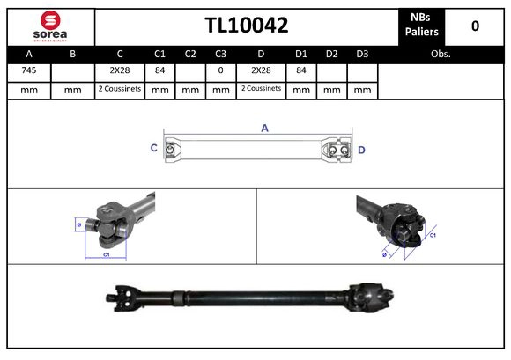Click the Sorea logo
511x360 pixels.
click(x=50, y=26)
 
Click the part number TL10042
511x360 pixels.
click(x=246, y=26)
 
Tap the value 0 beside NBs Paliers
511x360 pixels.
click(x=475, y=26)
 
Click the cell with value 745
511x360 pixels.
click(x=29, y=70)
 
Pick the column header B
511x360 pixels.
click(x=73, y=54)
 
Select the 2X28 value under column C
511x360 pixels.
click(x=120, y=70)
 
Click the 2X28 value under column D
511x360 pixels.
click(x=261, y=70)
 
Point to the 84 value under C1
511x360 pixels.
click(x=160, y=70)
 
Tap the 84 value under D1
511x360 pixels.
click(x=300, y=70)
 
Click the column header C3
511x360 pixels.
click(x=221, y=54)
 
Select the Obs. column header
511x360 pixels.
click(x=441, y=54)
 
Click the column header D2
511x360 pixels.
click(x=331, y=54)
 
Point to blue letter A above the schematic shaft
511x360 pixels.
click(x=264, y=129)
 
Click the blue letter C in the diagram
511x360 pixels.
click(x=154, y=149)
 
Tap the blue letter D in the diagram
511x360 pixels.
click(x=361, y=150)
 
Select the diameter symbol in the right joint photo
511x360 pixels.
click(x=385, y=254)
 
